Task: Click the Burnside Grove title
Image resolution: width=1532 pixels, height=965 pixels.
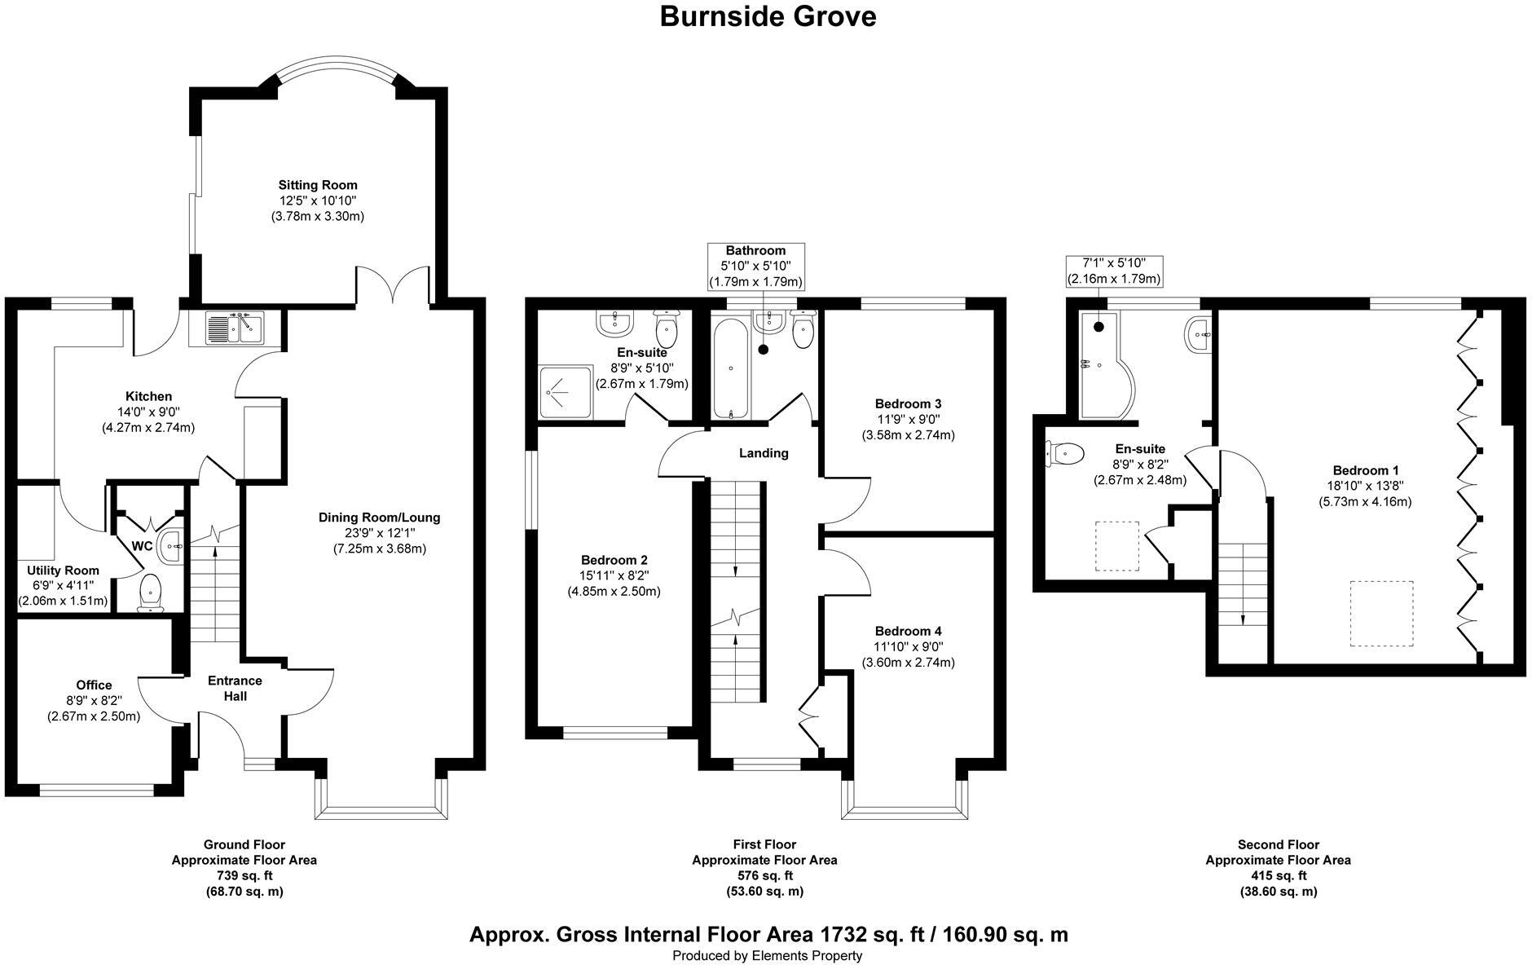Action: tap(767, 16)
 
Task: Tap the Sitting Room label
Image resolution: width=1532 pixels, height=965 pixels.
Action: tap(317, 185)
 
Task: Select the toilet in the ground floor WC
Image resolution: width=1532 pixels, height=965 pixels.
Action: tap(151, 591)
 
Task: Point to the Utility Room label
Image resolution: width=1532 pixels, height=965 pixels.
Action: tap(63, 571)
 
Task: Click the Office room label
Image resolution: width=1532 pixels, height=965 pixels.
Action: tap(94, 685)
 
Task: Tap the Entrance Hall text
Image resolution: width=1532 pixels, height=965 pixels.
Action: tap(235, 688)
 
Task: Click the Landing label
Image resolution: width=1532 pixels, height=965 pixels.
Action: tap(764, 453)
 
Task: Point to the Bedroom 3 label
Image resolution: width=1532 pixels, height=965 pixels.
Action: tap(908, 403)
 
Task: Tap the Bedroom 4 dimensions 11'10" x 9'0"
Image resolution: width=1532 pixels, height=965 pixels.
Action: tap(908, 646)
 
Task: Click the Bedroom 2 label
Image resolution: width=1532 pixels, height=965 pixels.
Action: tap(614, 560)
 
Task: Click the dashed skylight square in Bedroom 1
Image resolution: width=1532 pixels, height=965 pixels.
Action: tap(1381, 613)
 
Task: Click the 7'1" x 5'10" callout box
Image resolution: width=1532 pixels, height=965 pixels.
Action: tap(1114, 271)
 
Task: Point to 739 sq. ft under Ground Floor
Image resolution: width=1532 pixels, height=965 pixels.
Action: tap(244, 875)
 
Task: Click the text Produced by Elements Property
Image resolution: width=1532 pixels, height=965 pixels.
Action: tap(767, 955)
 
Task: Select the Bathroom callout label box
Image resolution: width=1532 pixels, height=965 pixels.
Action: tap(755, 266)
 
